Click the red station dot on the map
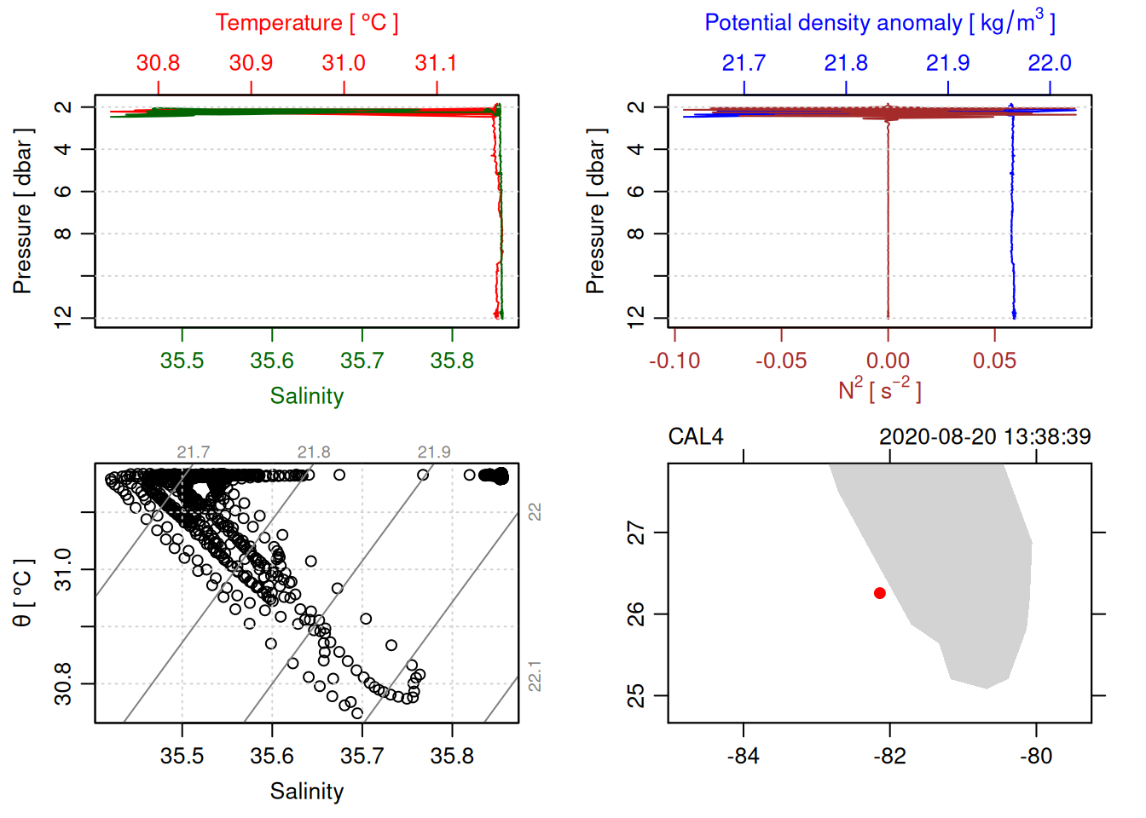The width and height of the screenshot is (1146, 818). [x=879, y=593]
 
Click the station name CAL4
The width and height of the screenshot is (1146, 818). [x=695, y=437]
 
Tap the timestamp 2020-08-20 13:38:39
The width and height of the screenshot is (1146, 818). [x=985, y=437]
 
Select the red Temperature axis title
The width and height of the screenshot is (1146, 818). [x=306, y=23]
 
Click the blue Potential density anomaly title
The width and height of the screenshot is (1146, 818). [x=879, y=22]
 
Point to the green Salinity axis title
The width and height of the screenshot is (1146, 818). [x=306, y=396]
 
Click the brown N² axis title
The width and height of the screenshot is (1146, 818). [x=879, y=390]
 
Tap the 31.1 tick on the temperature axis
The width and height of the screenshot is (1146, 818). [x=436, y=63]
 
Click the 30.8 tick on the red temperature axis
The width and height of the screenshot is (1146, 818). [x=158, y=63]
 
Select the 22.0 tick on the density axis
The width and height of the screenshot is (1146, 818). [x=1049, y=63]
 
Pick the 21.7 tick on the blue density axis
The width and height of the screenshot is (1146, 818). [x=744, y=63]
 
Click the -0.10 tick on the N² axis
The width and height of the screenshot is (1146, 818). [x=674, y=361]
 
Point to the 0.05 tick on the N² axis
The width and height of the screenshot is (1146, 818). [x=994, y=361]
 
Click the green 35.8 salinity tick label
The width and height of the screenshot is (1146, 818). [x=452, y=361]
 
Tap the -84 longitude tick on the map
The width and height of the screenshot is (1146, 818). [x=744, y=757]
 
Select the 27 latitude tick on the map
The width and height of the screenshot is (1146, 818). [x=637, y=533]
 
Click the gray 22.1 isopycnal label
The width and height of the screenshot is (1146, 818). [x=535, y=676]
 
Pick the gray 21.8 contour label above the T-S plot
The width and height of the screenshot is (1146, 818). [x=314, y=452]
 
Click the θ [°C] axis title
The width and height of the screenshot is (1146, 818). [x=23, y=593]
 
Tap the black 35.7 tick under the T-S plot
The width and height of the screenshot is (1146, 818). [x=362, y=757]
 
